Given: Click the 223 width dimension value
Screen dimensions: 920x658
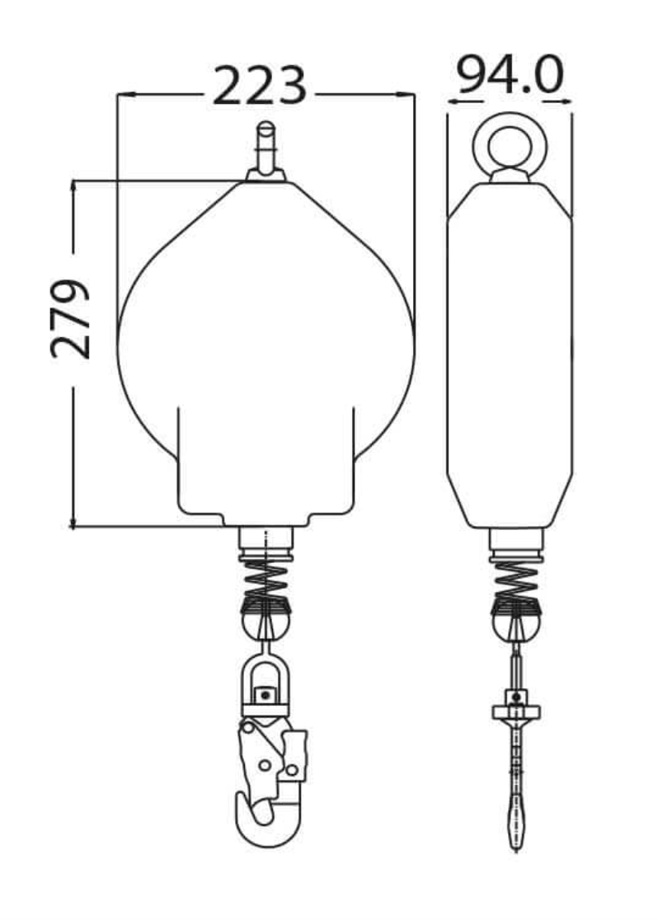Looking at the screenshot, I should (260, 86).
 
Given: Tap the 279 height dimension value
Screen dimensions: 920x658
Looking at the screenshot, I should (70, 318).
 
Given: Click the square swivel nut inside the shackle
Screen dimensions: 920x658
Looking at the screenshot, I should (265, 695).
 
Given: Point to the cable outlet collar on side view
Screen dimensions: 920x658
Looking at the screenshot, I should (516, 542).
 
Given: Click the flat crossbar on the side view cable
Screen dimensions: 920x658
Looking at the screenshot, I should (516, 711).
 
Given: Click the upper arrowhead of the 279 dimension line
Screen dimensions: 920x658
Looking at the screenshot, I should (73, 186).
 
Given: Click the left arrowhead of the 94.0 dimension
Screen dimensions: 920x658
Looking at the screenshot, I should (452, 101).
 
